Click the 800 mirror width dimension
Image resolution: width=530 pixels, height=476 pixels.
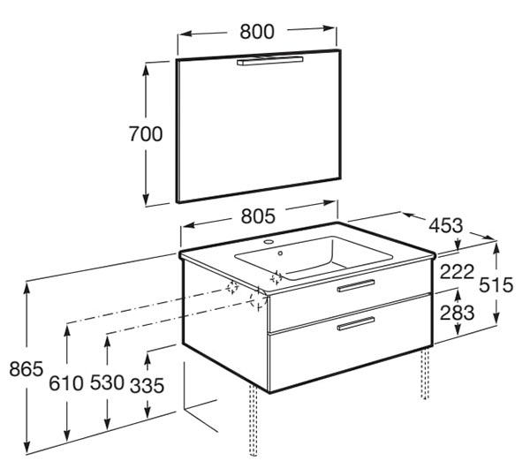257,32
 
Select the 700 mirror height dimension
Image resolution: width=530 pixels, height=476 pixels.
146,133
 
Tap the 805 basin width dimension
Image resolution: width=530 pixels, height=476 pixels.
258,216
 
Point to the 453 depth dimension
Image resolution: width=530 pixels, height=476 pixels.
446,225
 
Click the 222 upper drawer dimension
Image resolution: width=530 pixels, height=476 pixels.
457,272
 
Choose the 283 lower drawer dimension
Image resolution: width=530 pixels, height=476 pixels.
457,313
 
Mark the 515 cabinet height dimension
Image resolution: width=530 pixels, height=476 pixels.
496,284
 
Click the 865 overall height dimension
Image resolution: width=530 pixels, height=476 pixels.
26,368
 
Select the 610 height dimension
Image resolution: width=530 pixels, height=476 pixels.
66,383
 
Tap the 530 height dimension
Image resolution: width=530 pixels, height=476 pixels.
107,382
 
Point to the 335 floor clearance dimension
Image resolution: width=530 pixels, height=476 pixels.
147,385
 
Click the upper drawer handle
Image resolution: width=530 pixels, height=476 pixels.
356,285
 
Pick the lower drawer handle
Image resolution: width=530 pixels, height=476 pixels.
356,323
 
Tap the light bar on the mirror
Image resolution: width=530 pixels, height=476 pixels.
269,61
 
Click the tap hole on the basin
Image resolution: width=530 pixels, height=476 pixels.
269,242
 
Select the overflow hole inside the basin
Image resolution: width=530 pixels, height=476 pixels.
280,253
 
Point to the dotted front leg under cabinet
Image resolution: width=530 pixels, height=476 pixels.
254,419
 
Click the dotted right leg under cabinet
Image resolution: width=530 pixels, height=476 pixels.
425,373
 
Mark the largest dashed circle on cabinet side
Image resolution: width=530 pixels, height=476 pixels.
258,299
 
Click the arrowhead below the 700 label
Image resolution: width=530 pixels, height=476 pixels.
146,200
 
